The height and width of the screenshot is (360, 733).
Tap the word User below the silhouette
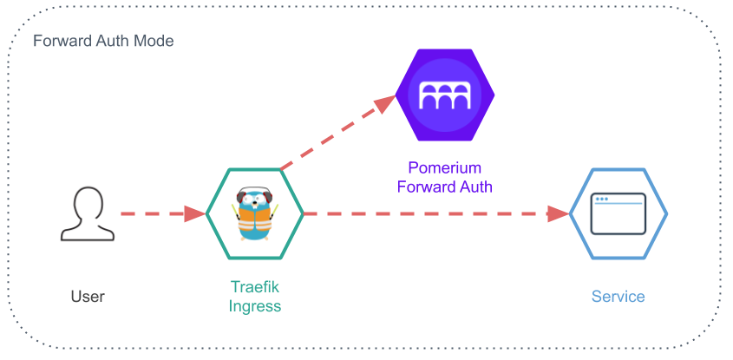[88, 297]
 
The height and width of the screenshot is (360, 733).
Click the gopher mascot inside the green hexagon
[254, 213]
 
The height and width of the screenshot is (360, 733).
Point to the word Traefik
[254, 287]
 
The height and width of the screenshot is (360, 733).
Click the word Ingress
[254, 305]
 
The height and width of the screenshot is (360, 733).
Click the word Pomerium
[444, 167]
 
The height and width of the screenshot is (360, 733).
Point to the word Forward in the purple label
[426, 186]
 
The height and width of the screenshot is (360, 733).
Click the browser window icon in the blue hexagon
[618, 213]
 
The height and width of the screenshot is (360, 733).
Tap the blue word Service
[618, 297]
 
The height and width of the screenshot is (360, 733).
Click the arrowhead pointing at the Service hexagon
[558, 213]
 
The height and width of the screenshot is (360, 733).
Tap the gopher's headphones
[254, 193]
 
